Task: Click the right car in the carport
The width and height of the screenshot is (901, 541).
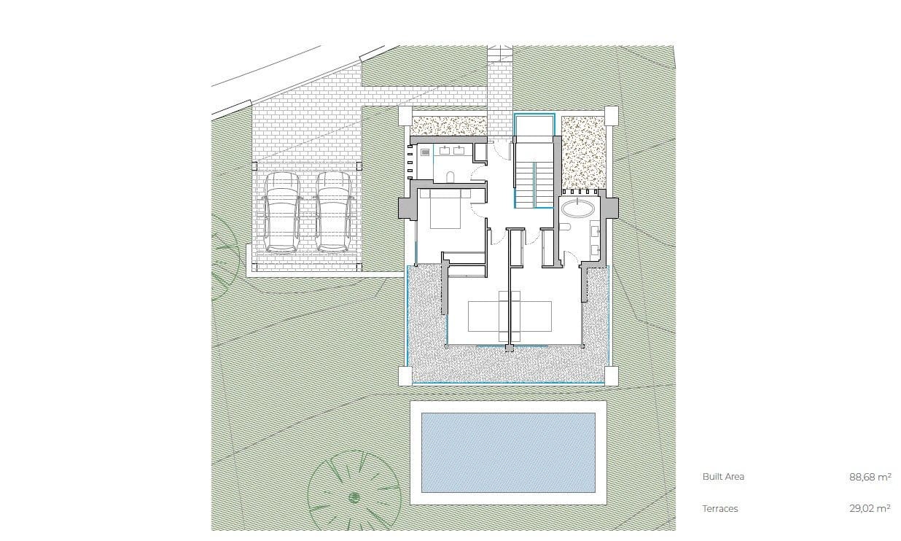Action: pos(333,212)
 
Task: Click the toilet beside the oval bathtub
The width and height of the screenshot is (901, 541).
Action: pos(566,227)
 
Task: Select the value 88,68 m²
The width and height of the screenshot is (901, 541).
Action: pos(870,477)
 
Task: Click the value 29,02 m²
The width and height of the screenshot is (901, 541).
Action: pos(870,509)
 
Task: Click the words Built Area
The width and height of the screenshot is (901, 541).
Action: pos(723,477)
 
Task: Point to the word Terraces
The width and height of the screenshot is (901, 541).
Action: pos(719,509)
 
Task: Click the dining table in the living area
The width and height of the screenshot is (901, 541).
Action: pos(509,316)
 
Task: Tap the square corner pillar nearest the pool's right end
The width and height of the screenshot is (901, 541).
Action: pos(611,375)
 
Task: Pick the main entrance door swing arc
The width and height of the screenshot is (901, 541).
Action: pos(502,149)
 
